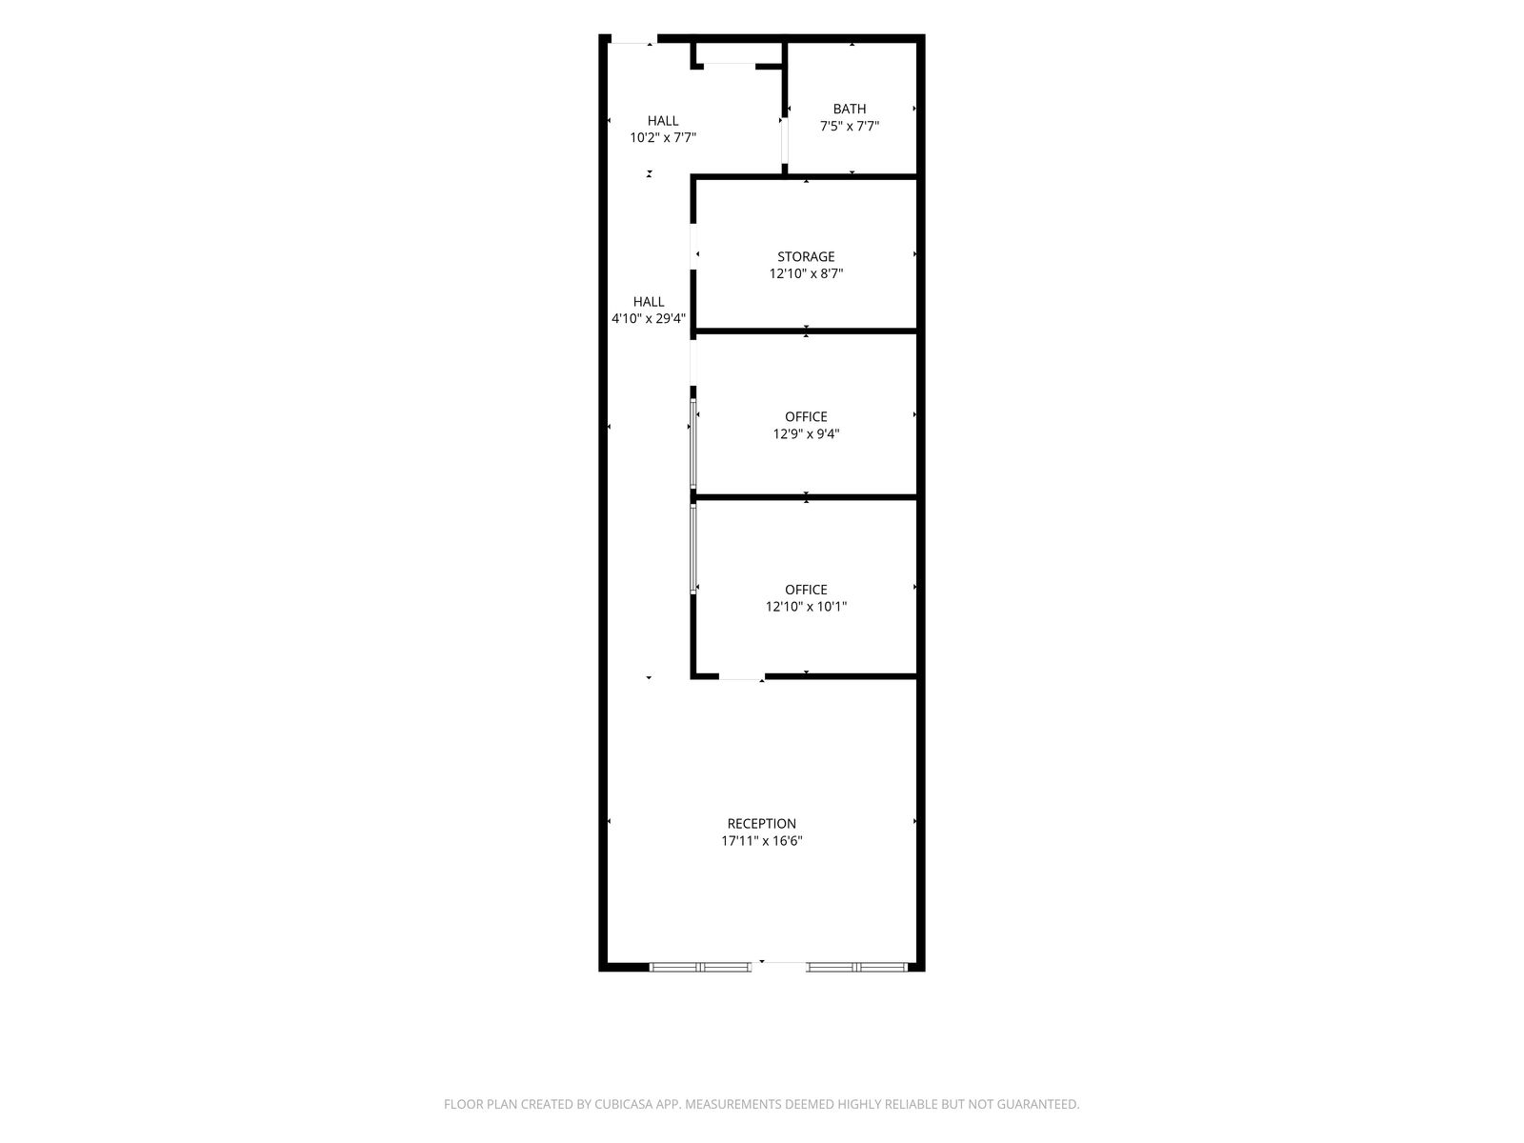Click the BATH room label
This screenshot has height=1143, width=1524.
tap(849, 109)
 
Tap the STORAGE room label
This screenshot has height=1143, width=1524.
tap(806, 257)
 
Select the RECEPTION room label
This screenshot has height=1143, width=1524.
tap(762, 824)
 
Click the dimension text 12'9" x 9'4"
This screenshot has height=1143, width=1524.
tap(806, 434)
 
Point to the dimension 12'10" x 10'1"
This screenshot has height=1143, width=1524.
tap(806, 607)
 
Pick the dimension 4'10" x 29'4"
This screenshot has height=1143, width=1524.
tap(649, 318)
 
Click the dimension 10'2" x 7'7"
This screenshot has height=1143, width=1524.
tap(663, 137)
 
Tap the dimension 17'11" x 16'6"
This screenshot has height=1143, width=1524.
tap(762, 841)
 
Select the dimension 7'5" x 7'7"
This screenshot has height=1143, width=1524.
tap(849, 127)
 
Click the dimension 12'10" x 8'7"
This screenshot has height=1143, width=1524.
tap(806, 273)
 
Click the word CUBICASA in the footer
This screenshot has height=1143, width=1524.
tap(624, 1103)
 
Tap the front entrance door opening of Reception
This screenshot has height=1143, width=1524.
tap(778, 966)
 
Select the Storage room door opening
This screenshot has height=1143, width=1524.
tap(693, 247)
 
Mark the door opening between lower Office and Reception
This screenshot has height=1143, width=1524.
tap(741, 676)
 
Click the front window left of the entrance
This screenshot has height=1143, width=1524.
tap(700, 967)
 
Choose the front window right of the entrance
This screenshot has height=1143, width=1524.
tap(856, 967)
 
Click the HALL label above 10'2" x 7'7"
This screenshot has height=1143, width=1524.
tap(663, 121)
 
